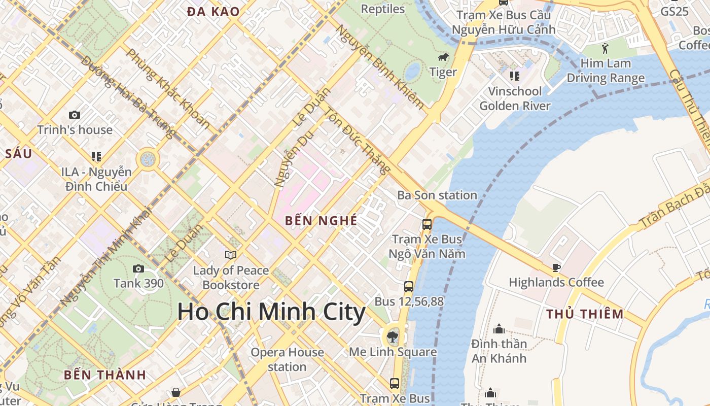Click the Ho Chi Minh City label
271,312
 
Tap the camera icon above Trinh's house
75,115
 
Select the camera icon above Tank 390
138,268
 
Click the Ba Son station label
437,195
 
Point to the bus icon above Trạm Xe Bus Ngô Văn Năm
427,224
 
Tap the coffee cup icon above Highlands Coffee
556,267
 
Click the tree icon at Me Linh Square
392,336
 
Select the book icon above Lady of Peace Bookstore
231,255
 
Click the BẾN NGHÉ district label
321,221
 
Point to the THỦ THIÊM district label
585,314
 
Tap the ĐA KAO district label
213,12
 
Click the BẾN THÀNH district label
105,375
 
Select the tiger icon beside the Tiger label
443,57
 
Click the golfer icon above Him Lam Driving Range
605,49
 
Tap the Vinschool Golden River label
515,98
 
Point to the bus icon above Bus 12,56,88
409,287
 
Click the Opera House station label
287,359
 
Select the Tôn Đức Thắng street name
358,141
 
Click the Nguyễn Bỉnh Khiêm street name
380,66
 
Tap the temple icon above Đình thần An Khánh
499,329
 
